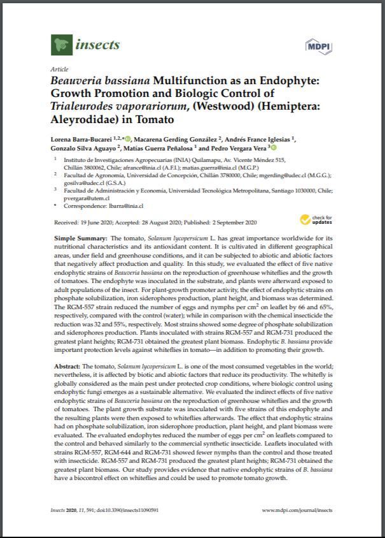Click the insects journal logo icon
(x=61, y=45)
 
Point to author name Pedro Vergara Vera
(x=233, y=149)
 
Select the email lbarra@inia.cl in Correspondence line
(x=125, y=206)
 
